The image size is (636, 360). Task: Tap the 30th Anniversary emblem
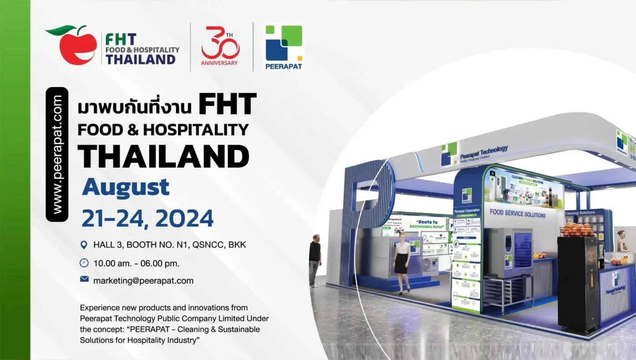(x=219, y=46)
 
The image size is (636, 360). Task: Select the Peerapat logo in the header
(x=283, y=47)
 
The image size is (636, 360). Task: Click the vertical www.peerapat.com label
(x=57, y=154)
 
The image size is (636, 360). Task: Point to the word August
(x=125, y=187)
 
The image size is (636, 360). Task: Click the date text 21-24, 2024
(x=147, y=219)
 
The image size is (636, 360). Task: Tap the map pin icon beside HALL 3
(x=84, y=245)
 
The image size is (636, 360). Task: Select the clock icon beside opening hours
(x=84, y=263)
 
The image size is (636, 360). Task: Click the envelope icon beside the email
(x=84, y=279)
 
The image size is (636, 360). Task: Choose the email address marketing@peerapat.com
(x=143, y=281)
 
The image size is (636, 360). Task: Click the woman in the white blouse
(x=402, y=261)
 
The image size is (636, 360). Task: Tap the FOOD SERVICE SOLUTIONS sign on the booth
(x=517, y=213)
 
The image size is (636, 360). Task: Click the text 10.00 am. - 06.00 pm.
(x=136, y=263)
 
